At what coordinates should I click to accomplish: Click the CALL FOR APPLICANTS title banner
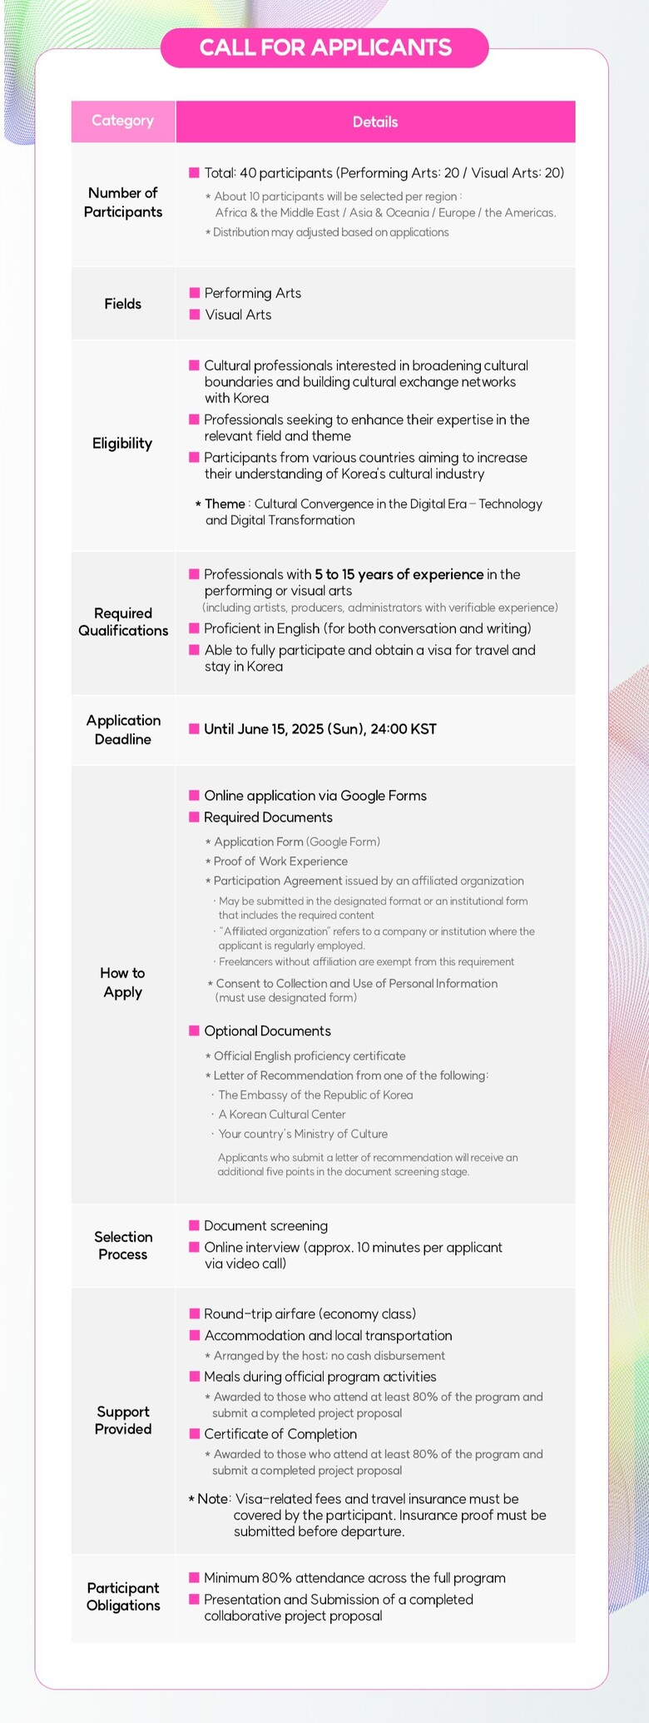pyautogui.click(x=324, y=47)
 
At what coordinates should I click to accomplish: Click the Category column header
pyautogui.click(x=123, y=121)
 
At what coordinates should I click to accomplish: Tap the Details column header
pyautogui.click(x=375, y=122)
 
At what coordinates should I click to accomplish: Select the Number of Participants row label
pyautogui.click(x=123, y=202)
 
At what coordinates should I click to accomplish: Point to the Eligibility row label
pyautogui.click(x=122, y=443)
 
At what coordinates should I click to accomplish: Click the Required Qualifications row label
pyautogui.click(x=123, y=622)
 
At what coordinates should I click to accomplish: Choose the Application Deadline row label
pyautogui.click(x=123, y=729)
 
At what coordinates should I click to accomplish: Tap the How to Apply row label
pyautogui.click(x=123, y=982)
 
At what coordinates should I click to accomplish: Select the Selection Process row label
pyautogui.click(x=123, y=1245)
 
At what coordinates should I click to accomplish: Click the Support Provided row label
pyautogui.click(x=123, y=1420)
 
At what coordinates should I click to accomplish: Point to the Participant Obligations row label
pyautogui.click(x=123, y=1596)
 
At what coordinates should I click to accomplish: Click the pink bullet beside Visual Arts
pyautogui.click(x=195, y=315)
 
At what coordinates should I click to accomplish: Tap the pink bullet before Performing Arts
pyautogui.click(x=195, y=293)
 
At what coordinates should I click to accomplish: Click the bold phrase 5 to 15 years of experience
pyautogui.click(x=399, y=574)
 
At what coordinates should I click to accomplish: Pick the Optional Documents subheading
pyautogui.click(x=267, y=1030)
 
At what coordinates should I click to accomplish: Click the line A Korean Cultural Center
pyautogui.click(x=282, y=1114)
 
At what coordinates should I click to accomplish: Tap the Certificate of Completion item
pyautogui.click(x=280, y=1433)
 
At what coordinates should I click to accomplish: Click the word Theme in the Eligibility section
pyautogui.click(x=225, y=504)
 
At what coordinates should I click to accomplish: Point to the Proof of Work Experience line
pyautogui.click(x=280, y=861)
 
